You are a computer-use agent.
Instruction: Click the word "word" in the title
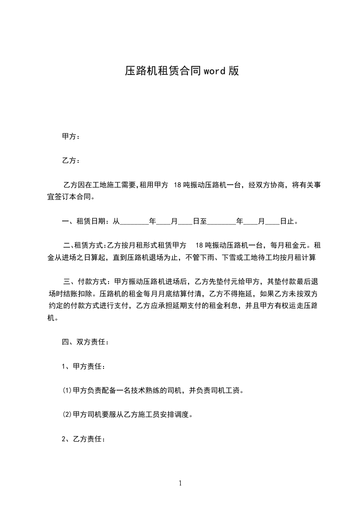click(x=214, y=71)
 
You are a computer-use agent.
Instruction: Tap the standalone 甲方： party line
click(x=71, y=136)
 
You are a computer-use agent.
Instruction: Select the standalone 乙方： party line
click(x=71, y=160)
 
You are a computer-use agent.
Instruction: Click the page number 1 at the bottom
click(x=180, y=483)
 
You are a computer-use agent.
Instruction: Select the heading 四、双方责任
click(x=85, y=342)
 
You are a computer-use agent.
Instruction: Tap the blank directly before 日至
click(x=185, y=222)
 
